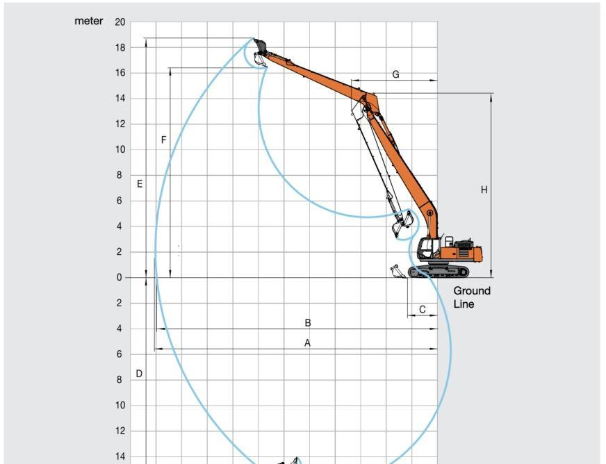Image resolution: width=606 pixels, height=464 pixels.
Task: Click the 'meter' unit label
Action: (89, 22)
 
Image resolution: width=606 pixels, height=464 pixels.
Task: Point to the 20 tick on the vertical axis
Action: (120, 22)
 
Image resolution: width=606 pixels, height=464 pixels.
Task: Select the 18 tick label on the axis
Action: (120, 48)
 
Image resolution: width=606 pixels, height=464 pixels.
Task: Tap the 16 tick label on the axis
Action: (120, 73)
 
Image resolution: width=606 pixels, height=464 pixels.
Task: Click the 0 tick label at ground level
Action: (119, 278)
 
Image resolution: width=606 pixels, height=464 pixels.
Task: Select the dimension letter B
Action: (307, 323)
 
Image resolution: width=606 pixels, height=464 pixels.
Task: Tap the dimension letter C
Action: (423, 310)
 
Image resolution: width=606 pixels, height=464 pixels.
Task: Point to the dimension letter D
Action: (139, 374)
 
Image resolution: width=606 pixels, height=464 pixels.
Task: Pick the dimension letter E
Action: (140, 184)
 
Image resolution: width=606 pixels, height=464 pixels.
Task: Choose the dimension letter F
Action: (163, 140)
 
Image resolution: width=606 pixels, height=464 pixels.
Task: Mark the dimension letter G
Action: (395, 74)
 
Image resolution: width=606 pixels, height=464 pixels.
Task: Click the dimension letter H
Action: (484, 190)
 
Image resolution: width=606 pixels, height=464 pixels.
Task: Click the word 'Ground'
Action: (472, 291)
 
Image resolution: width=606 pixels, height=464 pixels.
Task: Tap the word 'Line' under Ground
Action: (464, 304)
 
